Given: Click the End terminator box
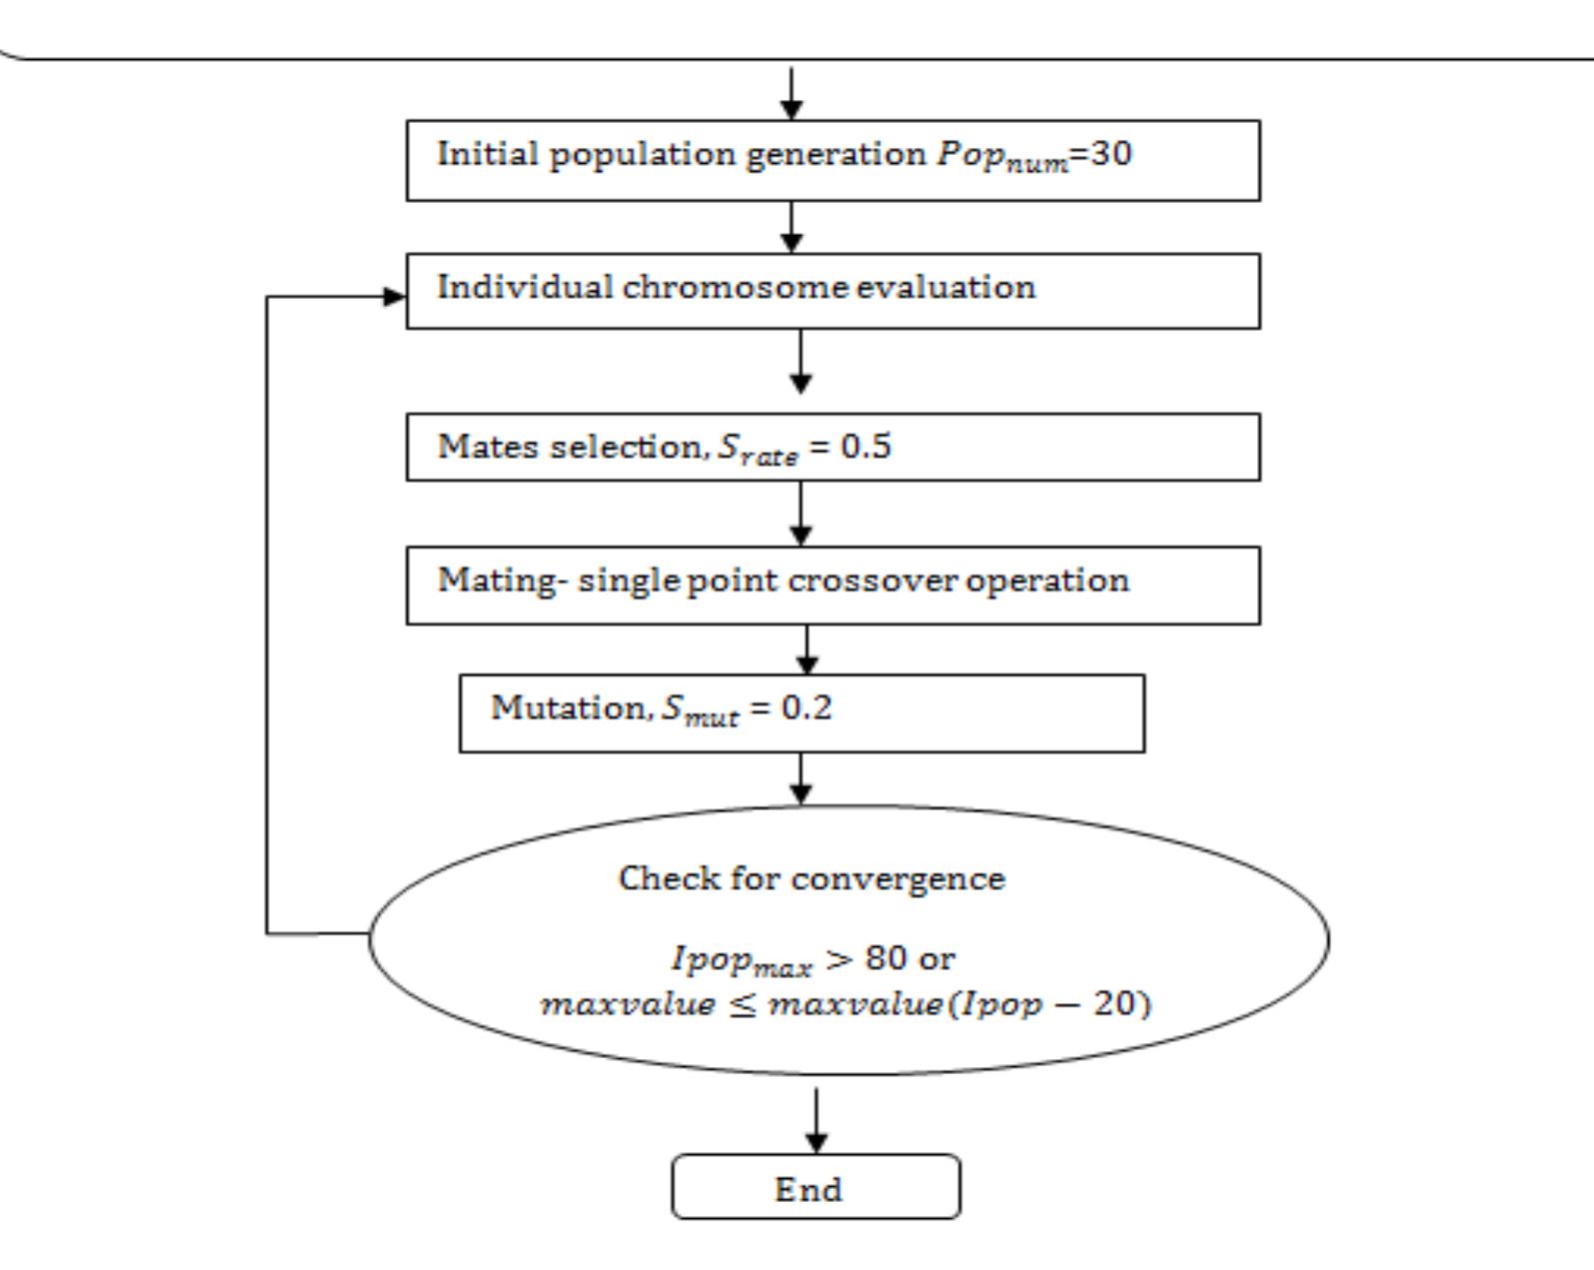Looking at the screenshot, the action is tap(815, 1187).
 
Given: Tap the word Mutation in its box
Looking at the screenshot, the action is tap(568, 707).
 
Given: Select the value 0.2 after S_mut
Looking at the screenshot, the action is tap(805, 708).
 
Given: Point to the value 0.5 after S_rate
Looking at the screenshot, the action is tap(865, 446).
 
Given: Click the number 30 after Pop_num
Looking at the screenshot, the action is tap(1110, 154).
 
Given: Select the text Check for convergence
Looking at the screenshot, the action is tap(811, 878).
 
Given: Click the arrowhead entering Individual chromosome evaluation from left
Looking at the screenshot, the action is tap(396, 297).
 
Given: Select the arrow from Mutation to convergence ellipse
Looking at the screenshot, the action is tap(800, 778).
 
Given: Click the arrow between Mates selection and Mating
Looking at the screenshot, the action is tap(800, 514).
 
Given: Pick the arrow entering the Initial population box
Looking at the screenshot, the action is tap(791, 94).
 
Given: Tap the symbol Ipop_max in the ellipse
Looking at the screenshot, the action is tap(741, 961).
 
